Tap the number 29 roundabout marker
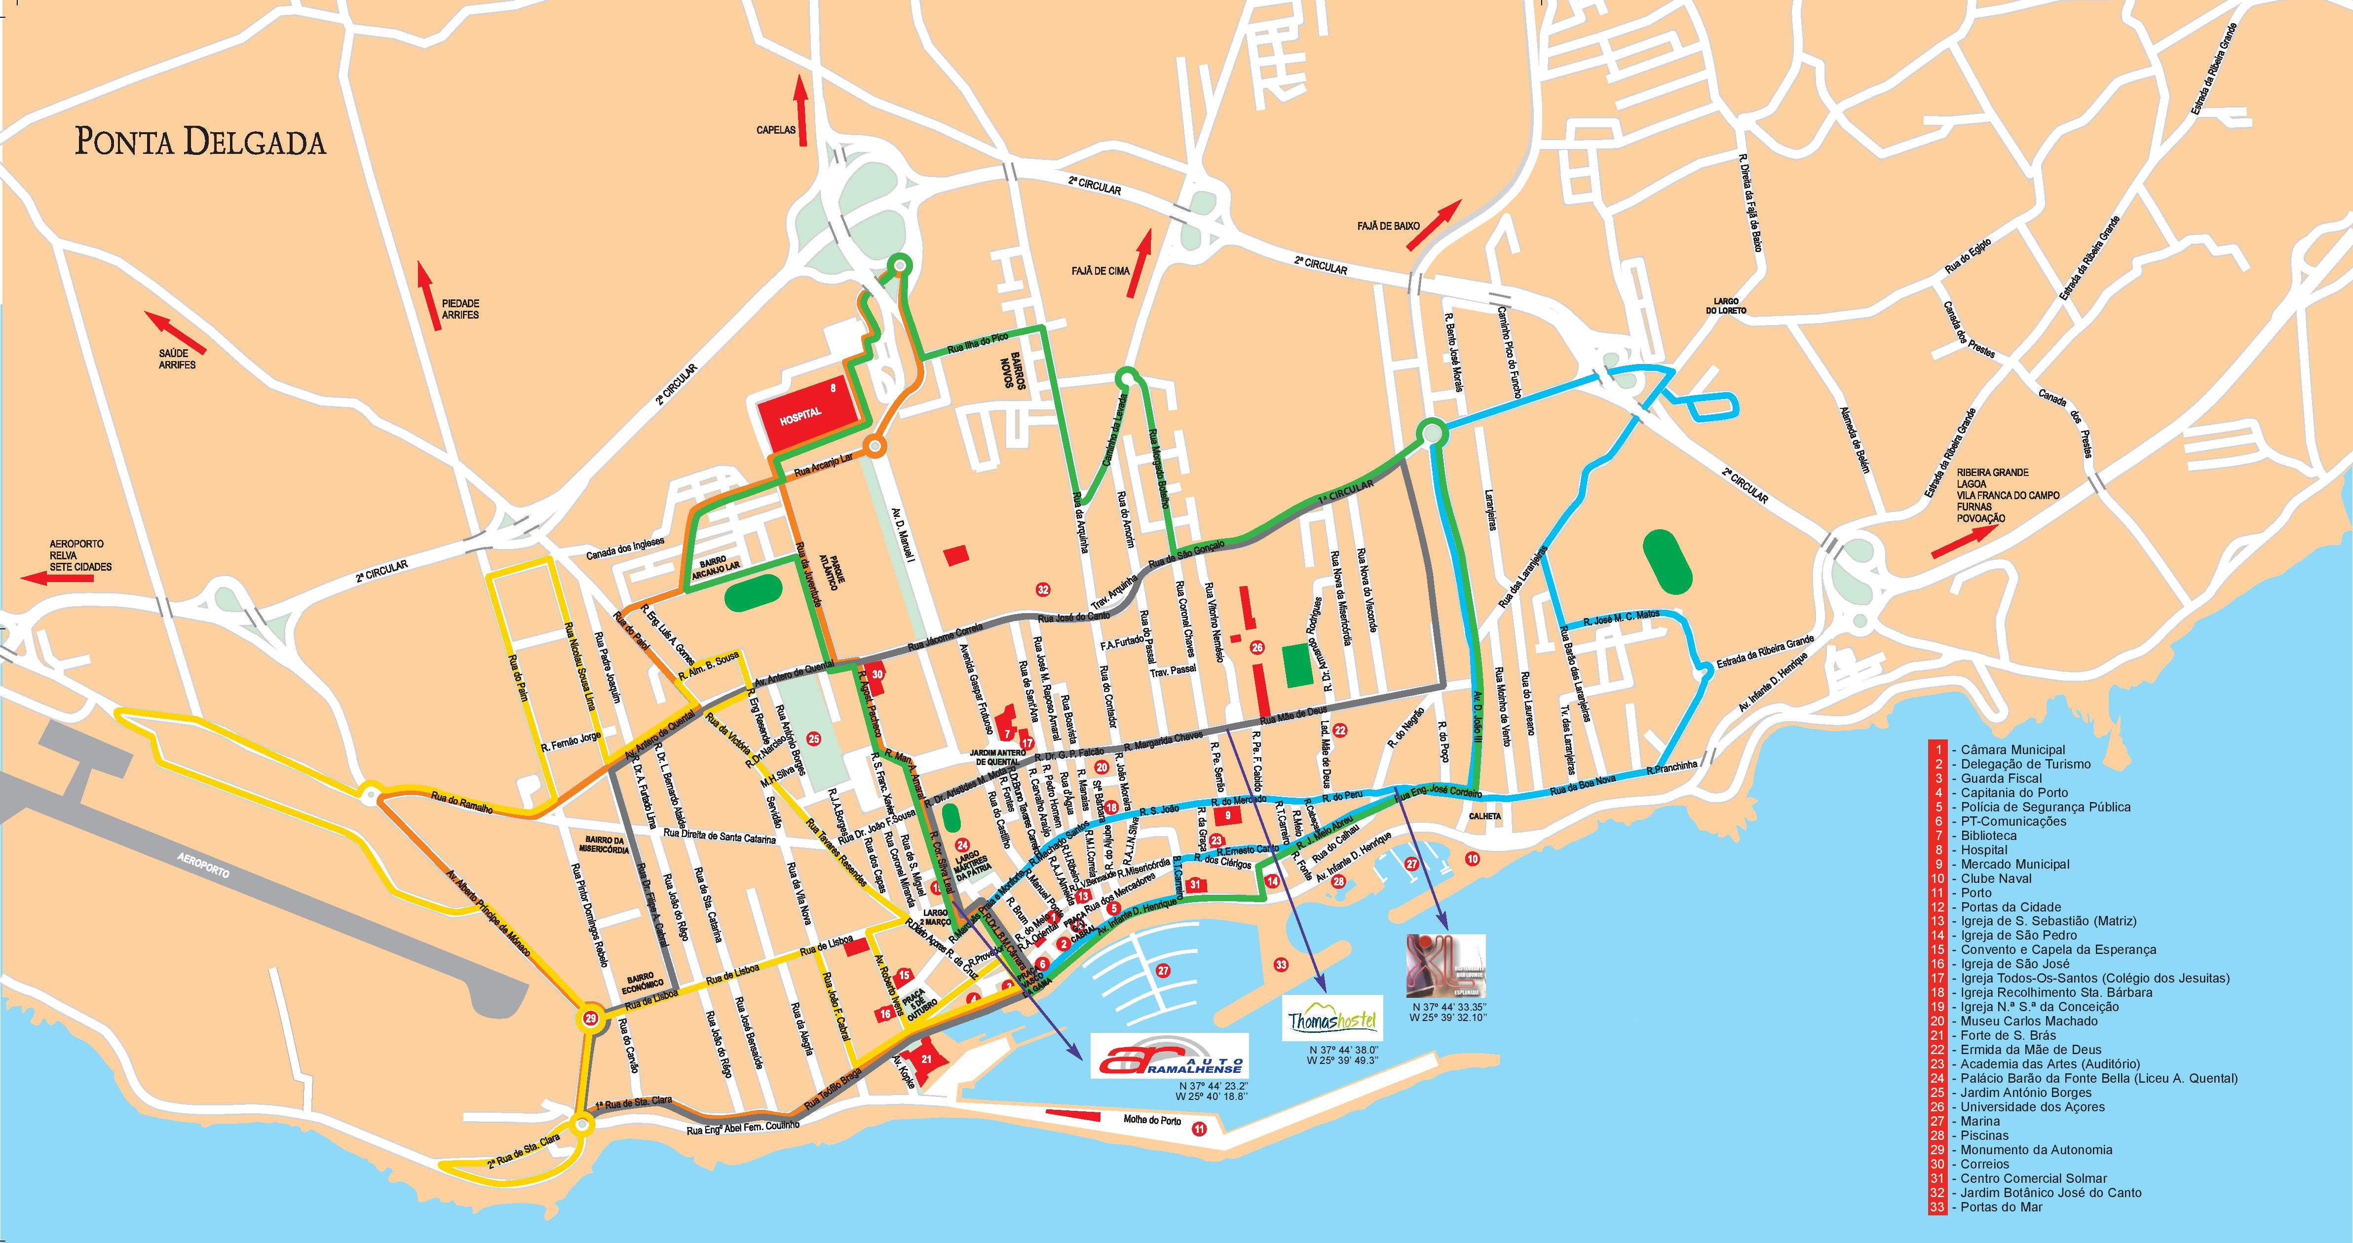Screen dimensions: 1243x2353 [591, 1019]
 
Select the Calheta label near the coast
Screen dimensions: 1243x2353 [1485, 816]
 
